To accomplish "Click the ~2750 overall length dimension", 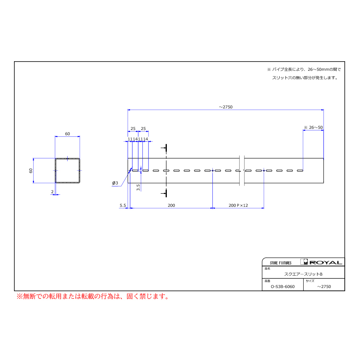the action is [226, 107].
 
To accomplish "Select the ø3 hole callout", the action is [115, 183].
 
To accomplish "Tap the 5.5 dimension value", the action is [123, 205].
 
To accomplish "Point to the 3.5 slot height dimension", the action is [138, 187].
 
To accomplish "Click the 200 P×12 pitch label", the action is [238, 205].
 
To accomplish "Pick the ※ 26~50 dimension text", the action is [313, 128].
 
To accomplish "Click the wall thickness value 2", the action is [52, 192].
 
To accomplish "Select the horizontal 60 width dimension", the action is [67, 134].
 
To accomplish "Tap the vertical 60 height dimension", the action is [31, 170].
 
